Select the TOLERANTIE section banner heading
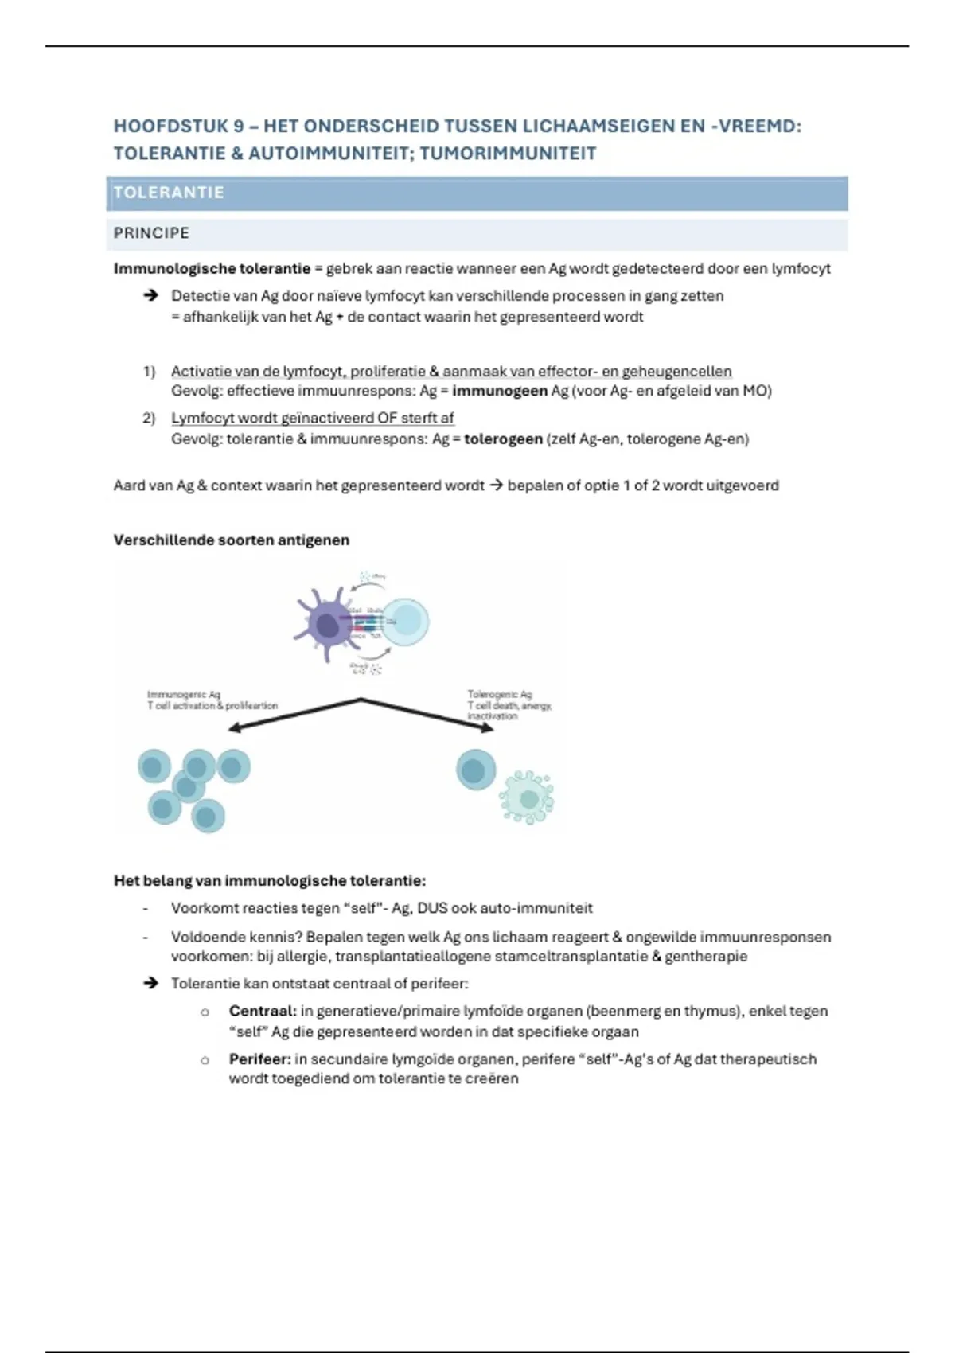pyautogui.click(x=169, y=193)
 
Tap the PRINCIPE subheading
pyautogui.click(x=151, y=233)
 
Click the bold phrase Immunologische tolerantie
pyautogui.click(x=212, y=269)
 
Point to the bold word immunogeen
pyautogui.click(x=500, y=391)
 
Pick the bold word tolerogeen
pyautogui.click(x=503, y=439)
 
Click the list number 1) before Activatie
pyautogui.click(x=149, y=372)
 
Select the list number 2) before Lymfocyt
pyautogui.click(x=149, y=419)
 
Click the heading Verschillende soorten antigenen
pyautogui.click(x=231, y=540)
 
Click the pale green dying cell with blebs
pyautogui.click(x=526, y=797)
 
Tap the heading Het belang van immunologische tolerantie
pyautogui.click(x=270, y=881)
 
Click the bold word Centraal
pyautogui.click(x=262, y=1012)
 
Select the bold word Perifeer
pyautogui.click(x=260, y=1059)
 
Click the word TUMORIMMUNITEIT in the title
pyautogui.click(x=508, y=154)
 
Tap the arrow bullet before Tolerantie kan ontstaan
pyautogui.click(x=150, y=984)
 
